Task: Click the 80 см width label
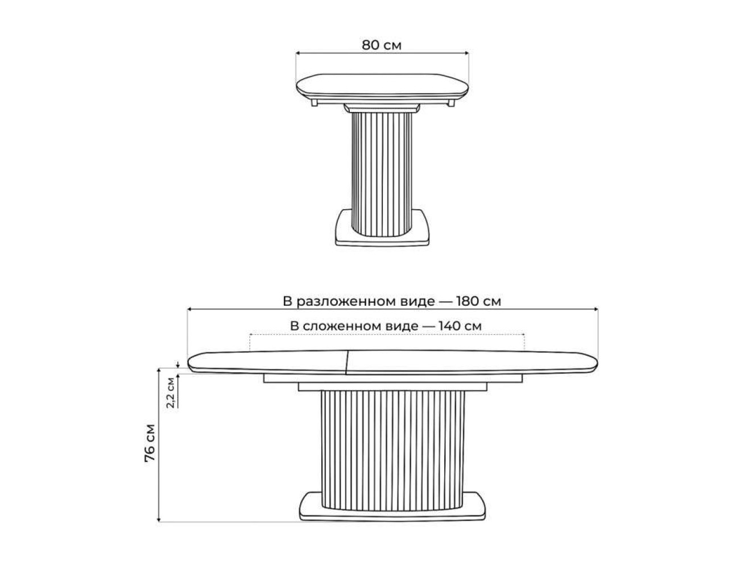pos(382,45)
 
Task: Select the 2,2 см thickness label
pos(171,393)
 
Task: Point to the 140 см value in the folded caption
pos(460,326)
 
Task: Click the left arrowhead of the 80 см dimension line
pos(297,53)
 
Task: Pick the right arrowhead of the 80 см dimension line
pos(466,53)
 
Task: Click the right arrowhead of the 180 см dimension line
pos(596,309)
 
